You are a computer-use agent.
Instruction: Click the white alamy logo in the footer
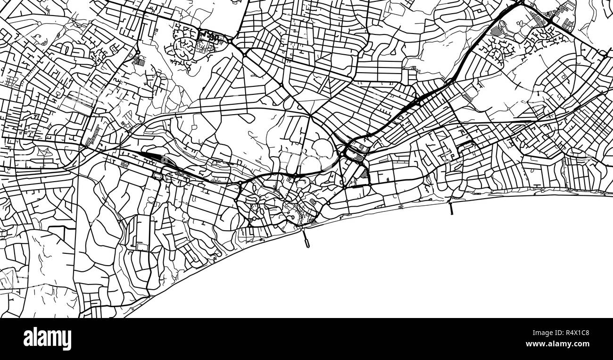47,339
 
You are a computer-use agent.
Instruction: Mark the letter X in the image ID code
570,333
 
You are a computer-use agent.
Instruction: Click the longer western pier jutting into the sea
305,238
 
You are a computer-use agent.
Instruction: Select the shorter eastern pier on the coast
451,208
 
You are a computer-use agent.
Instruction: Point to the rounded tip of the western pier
307,245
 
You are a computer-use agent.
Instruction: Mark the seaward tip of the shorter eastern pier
451,214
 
